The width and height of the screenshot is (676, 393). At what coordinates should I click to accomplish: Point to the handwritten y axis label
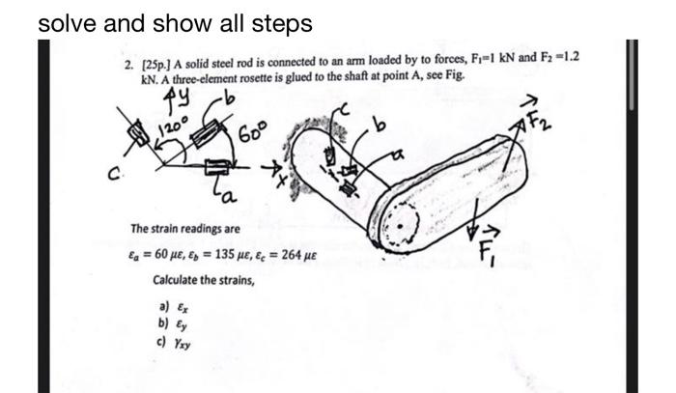click(180, 97)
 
